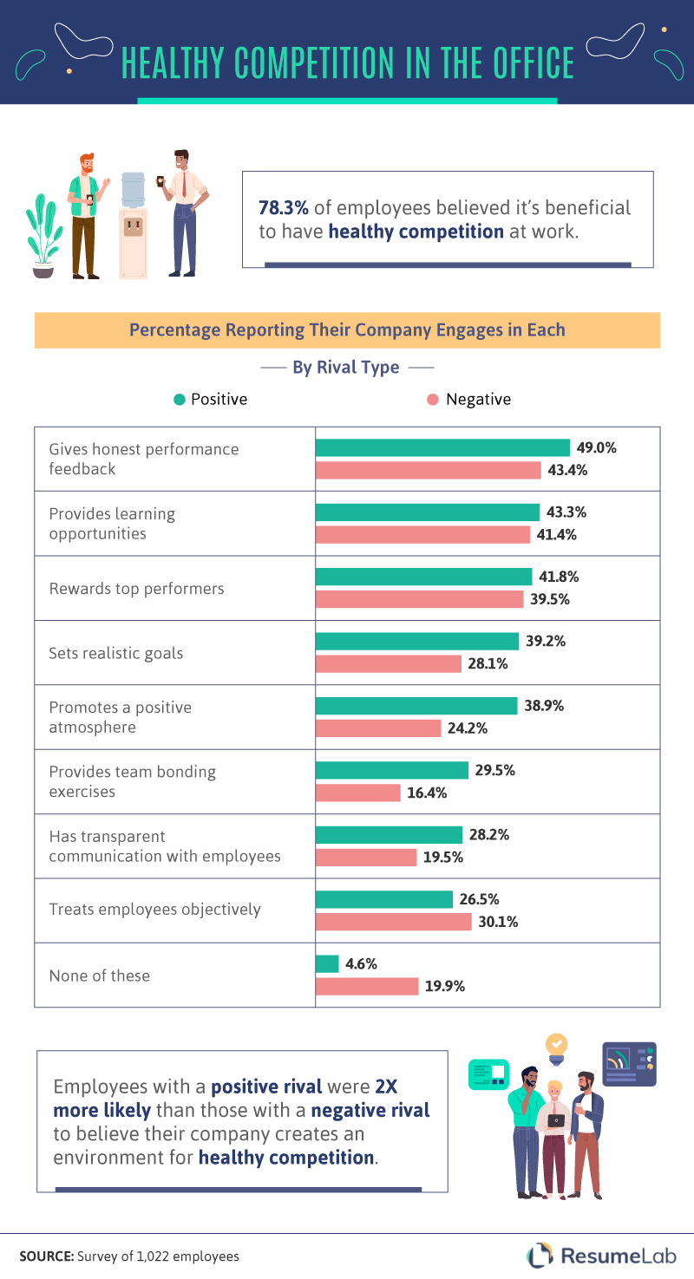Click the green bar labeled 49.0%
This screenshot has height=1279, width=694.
click(x=442, y=447)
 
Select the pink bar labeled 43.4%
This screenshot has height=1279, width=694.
click(x=429, y=470)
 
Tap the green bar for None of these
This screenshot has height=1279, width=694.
click(x=327, y=963)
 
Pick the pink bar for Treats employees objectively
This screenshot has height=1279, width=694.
click(x=393, y=921)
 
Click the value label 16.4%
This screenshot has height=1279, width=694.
click(x=424, y=793)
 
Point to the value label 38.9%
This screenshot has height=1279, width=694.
click(x=544, y=706)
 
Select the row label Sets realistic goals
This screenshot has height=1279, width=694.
click(x=115, y=653)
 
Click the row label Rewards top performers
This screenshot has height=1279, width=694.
click(x=136, y=589)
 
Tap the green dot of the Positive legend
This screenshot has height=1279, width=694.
click(x=180, y=400)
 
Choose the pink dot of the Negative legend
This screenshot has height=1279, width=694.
click(x=433, y=400)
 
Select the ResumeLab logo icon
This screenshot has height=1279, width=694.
click(x=540, y=1255)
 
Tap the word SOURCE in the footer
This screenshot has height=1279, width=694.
click(x=46, y=1256)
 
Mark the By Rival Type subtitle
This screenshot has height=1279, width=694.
click(x=346, y=368)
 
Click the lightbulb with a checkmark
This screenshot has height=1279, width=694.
click(x=556, y=1043)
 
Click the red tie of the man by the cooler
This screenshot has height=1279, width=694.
click(x=184, y=186)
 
